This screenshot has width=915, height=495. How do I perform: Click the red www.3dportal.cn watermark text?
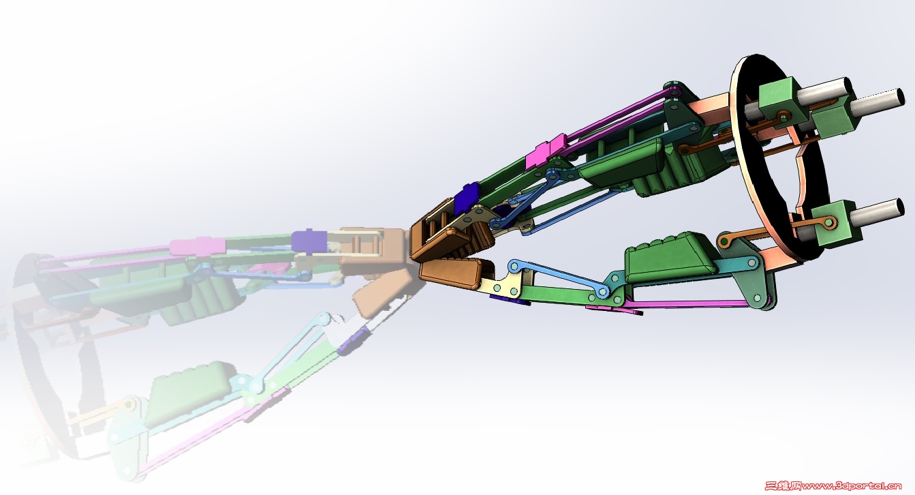click(x=852, y=486)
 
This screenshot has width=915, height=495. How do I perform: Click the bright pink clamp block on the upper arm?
click(x=546, y=151)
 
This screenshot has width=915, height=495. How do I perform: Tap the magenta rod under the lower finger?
click(x=678, y=304)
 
